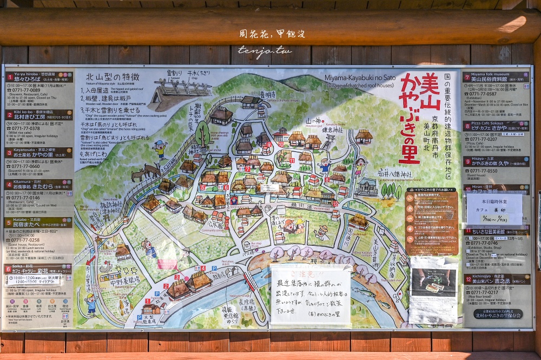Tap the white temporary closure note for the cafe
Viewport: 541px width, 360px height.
pyautogui.click(x=494, y=209)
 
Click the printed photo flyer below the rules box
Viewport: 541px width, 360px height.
pyautogui.click(x=433, y=290)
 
